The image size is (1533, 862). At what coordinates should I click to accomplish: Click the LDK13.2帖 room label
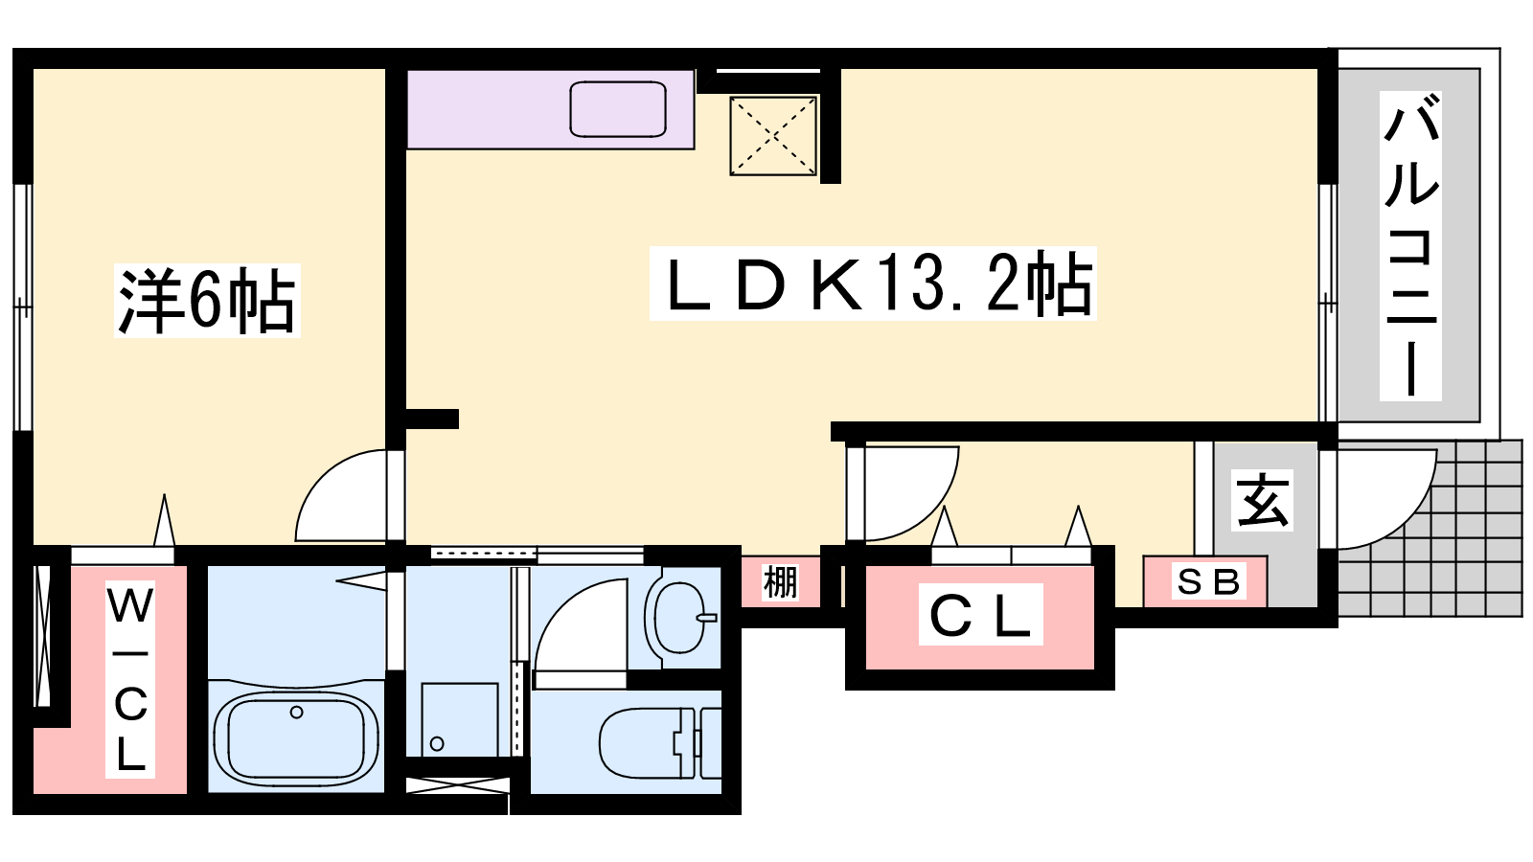[x=873, y=284]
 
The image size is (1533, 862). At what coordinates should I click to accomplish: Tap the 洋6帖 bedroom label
[x=207, y=301]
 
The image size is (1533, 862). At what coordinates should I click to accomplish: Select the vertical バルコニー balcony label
[x=1410, y=245]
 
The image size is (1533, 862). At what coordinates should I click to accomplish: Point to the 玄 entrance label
[x=1263, y=500]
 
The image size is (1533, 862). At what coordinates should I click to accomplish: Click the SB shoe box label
[x=1208, y=582]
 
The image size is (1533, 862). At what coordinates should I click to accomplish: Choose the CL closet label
[x=980, y=614]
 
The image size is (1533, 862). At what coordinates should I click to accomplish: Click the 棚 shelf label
[x=780, y=583]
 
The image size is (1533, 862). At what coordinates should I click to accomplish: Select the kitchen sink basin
[x=618, y=109]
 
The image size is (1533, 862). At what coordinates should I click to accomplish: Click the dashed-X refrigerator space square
[x=773, y=135]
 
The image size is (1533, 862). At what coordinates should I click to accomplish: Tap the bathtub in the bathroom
[x=296, y=737]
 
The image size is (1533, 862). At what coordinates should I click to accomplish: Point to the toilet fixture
[x=660, y=743]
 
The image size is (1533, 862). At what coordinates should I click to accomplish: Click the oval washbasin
[x=679, y=617]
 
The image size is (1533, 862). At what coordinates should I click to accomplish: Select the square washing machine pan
[x=460, y=719]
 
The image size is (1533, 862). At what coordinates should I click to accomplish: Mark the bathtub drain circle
[x=296, y=713]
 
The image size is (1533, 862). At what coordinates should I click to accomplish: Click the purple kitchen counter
[x=550, y=109]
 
